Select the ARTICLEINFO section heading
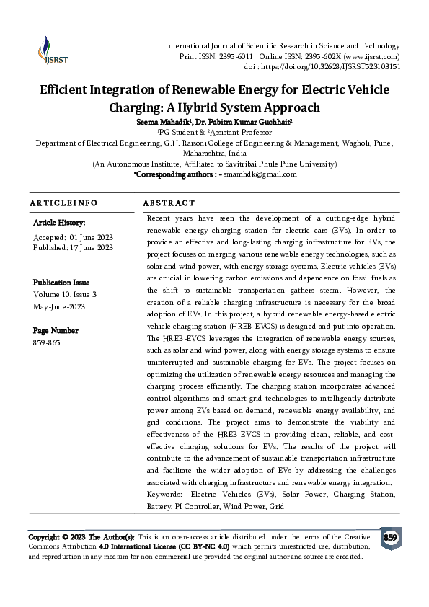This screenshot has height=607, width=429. [63, 204]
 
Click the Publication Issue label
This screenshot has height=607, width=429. [61, 283]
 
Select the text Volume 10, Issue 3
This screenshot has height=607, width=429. [74, 294]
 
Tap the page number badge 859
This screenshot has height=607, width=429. [390, 538]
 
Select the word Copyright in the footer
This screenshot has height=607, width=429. [44, 538]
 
